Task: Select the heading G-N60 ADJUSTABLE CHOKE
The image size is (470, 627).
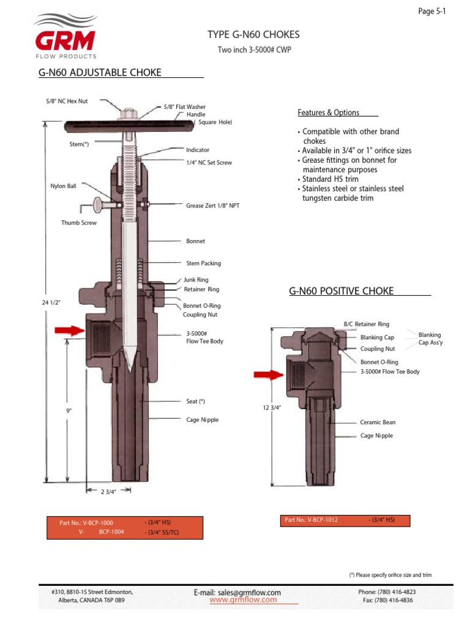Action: tap(100, 73)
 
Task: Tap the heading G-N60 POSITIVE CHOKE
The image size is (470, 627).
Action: tap(341, 291)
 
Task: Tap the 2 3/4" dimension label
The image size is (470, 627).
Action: tap(108, 492)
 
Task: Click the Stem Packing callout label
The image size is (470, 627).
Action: tap(203, 263)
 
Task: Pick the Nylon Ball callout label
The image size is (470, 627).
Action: tap(63, 186)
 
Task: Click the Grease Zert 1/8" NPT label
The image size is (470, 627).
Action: tap(212, 206)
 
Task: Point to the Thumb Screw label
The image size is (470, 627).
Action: tap(79, 223)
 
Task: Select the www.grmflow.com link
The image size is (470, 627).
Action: tap(245, 601)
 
